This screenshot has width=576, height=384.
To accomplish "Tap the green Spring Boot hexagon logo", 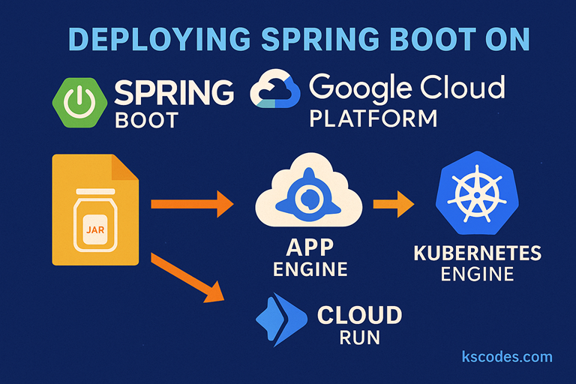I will (x=77, y=103).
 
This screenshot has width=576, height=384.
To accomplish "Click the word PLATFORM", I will (x=373, y=119).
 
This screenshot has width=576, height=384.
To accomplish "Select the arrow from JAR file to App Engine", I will (x=192, y=202).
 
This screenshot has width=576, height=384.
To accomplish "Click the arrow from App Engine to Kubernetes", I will (x=393, y=203).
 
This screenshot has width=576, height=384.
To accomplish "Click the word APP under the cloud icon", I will (x=310, y=247).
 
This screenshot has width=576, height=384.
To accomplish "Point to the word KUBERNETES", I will (x=478, y=253).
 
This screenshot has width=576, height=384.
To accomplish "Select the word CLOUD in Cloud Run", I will (x=359, y=315).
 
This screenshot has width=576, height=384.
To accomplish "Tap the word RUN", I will (x=359, y=337).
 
